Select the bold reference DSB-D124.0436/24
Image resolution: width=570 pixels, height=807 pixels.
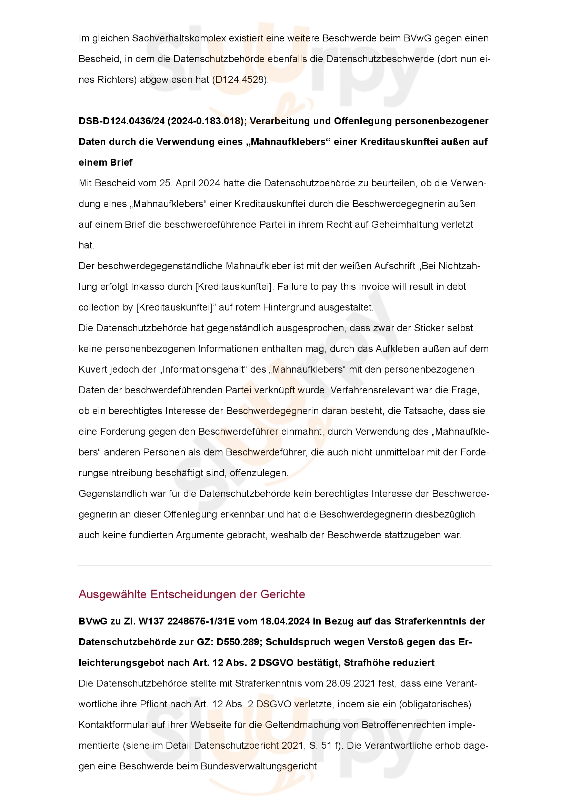[121, 121]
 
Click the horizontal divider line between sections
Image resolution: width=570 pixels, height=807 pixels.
[285, 565]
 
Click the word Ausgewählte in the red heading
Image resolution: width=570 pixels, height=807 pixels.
[112, 594]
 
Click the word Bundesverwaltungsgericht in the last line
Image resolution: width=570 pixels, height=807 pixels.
[260, 767]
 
